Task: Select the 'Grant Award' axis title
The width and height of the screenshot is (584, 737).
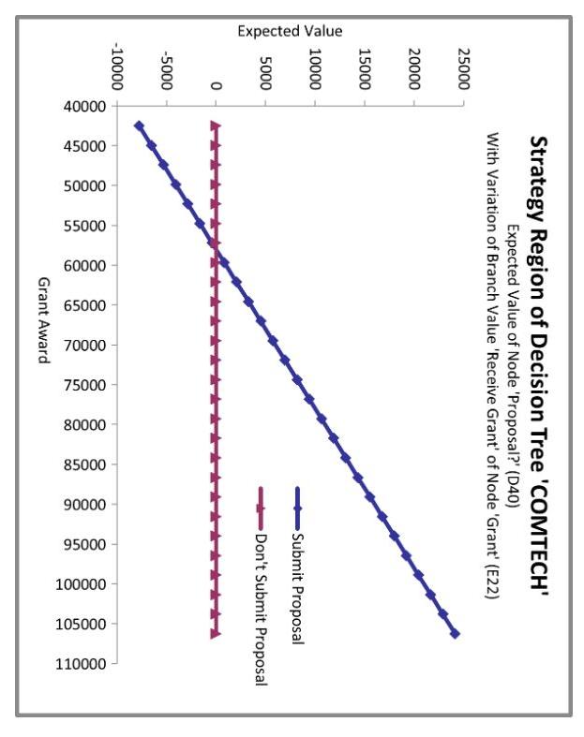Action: (43, 321)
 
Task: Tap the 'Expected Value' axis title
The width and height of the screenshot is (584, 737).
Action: (290, 32)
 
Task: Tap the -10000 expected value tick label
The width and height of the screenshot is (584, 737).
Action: (117, 66)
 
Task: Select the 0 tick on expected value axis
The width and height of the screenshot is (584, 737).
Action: (217, 86)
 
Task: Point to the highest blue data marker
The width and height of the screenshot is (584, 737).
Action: (455, 633)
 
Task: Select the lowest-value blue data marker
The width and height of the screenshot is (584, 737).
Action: (139, 125)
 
